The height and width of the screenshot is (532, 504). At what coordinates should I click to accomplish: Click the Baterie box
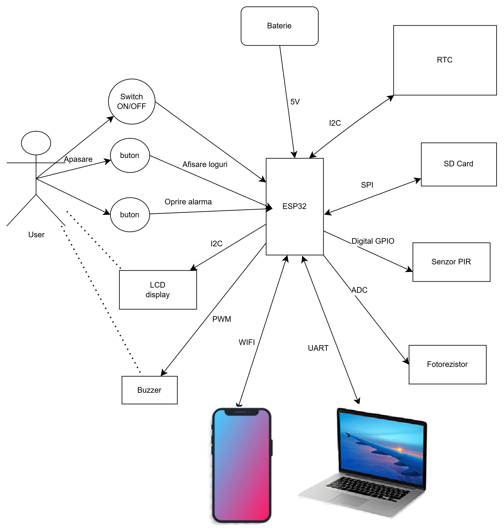pyautogui.click(x=280, y=26)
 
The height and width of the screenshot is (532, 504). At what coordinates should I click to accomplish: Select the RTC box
pyautogui.click(x=445, y=60)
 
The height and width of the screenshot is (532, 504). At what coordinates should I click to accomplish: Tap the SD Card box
pyautogui.click(x=458, y=164)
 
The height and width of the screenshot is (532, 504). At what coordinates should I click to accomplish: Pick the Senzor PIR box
pyautogui.click(x=451, y=262)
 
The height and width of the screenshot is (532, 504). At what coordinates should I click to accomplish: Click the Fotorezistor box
pyautogui.click(x=447, y=364)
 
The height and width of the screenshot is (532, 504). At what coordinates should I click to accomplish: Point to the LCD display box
pyautogui.click(x=158, y=289)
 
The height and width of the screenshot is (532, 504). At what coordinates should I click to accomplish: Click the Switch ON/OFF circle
pyautogui.click(x=132, y=102)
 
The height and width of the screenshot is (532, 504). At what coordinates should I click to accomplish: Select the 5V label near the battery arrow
pyautogui.click(x=295, y=102)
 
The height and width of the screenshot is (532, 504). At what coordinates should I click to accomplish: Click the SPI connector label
pyautogui.click(x=367, y=185)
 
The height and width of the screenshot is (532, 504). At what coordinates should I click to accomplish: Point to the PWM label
pyautogui.click(x=222, y=319)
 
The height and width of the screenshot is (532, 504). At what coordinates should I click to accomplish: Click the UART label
pyautogui.click(x=318, y=348)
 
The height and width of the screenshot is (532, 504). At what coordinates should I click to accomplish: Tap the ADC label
pyautogui.click(x=359, y=290)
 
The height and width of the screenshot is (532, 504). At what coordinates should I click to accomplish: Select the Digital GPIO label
pyautogui.click(x=373, y=241)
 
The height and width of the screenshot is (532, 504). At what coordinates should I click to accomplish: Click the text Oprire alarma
pyautogui.click(x=188, y=202)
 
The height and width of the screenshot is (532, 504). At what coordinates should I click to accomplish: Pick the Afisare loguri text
pyautogui.click(x=205, y=164)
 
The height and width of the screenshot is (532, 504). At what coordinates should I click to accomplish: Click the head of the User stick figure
pyautogui.click(x=36, y=143)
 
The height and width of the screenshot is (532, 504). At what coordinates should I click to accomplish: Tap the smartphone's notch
pyautogui.click(x=242, y=412)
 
